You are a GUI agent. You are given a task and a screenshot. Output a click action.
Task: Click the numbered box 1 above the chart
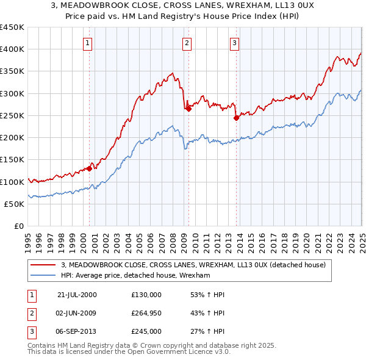point(88,43)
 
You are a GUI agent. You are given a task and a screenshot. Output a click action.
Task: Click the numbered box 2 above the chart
point(187,43)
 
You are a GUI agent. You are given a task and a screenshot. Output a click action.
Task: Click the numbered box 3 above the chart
point(235,43)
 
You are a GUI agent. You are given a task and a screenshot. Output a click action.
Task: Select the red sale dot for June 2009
point(188,109)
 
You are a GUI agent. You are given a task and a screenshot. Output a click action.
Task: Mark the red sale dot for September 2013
point(236,118)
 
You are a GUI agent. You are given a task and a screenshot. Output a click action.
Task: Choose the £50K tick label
point(15,204)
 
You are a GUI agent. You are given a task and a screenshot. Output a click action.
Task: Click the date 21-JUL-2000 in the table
point(77,295)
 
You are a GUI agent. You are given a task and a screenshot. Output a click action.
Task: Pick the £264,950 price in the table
point(146,313)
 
